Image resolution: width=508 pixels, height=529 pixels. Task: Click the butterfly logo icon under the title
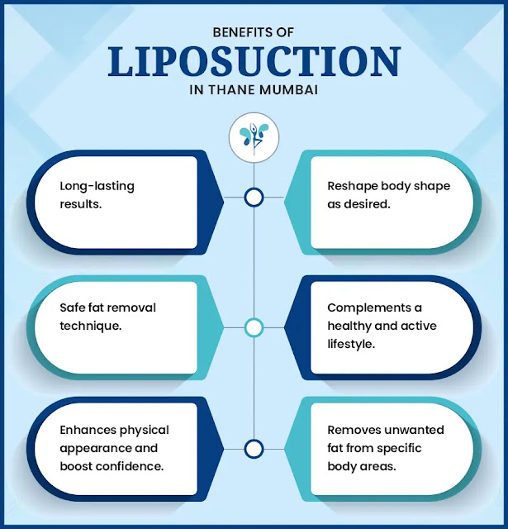click(254, 136)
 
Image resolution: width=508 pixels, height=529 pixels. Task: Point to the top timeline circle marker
click(254, 198)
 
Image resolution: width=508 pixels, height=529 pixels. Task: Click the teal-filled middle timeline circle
click(254, 328)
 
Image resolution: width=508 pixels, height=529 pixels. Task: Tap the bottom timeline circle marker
click(254, 449)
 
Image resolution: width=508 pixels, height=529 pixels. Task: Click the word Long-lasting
click(97, 186)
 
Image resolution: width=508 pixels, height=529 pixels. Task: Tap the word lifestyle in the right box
click(350, 342)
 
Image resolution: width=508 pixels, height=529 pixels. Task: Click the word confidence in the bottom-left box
click(131, 465)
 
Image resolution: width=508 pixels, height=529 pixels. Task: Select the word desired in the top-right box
click(367, 203)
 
